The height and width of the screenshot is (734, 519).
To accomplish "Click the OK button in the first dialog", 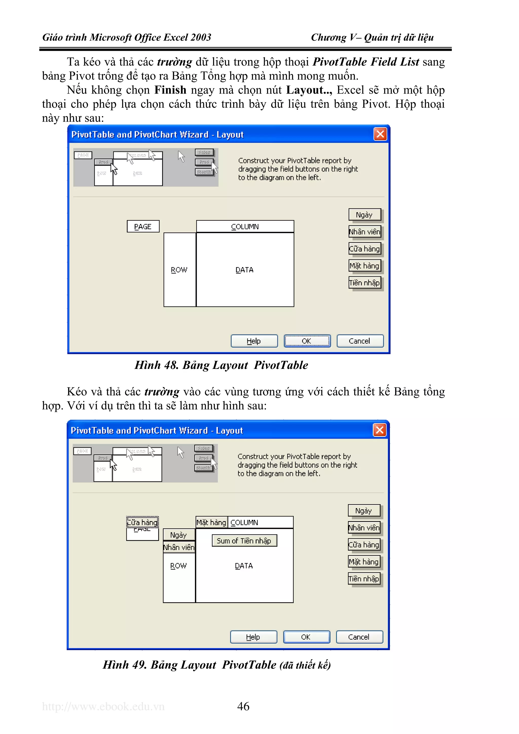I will click(x=307, y=341).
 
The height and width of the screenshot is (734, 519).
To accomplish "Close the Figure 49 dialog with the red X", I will click(x=380, y=430).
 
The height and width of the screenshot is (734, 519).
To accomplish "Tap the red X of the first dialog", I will click(x=380, y=134).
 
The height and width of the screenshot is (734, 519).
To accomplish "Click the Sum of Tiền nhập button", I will click(x=244, y=541).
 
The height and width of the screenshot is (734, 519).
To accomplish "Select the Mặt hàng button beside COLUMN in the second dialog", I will click(x=211, y=522).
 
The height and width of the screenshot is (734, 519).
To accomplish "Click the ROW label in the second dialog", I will click(x=178, y=566).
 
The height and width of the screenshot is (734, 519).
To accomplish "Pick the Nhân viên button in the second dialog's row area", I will click(x=179, y=547).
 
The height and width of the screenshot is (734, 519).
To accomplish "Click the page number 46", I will click(x=243, y=706).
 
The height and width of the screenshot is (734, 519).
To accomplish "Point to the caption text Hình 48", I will click(x=156, y=365).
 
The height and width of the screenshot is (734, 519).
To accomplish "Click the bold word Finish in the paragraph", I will click(x=170, y=90).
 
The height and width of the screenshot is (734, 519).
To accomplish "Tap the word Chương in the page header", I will click(x=328, y=37).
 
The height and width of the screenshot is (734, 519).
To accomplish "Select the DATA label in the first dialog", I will click(x=245, y=270).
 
